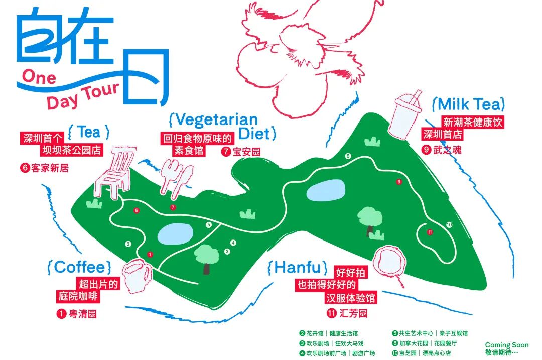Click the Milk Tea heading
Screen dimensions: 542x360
(469, 104)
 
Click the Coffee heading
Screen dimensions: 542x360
(79, 267)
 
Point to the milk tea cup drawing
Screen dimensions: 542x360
(406, 116)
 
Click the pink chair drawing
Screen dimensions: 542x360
(116, 170)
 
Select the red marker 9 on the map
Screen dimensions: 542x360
(399, 182)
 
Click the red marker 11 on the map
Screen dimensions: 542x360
(430, 232)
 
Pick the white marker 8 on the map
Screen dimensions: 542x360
(348, 156)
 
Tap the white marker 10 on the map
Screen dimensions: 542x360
(449, 224)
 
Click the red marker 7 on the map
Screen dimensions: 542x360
(173, 207)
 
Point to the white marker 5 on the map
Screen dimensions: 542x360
(208, 225)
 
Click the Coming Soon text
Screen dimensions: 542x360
(506, 345)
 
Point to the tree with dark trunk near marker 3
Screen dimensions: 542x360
(206, 258)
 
